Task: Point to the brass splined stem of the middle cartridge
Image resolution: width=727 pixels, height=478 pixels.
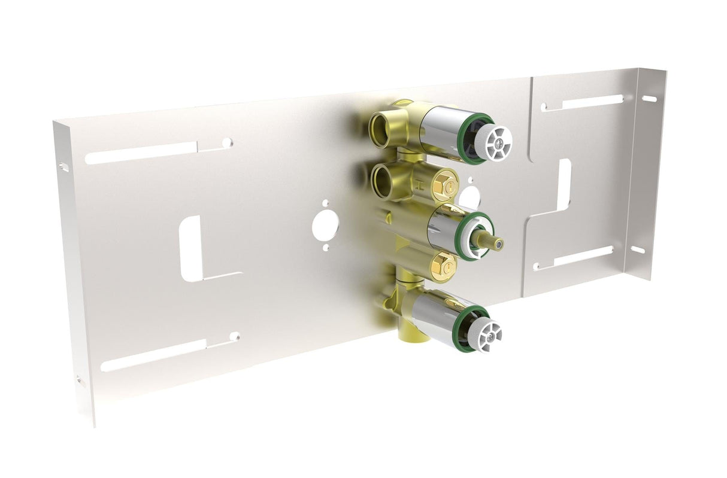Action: click(x=489, y=240)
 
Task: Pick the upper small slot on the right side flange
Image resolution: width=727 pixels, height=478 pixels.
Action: click(x=649, y=98)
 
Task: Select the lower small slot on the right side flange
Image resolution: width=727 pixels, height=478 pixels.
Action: click(x=637, y=249)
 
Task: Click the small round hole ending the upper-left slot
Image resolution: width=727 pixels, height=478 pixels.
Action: click(x=227, y=143)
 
